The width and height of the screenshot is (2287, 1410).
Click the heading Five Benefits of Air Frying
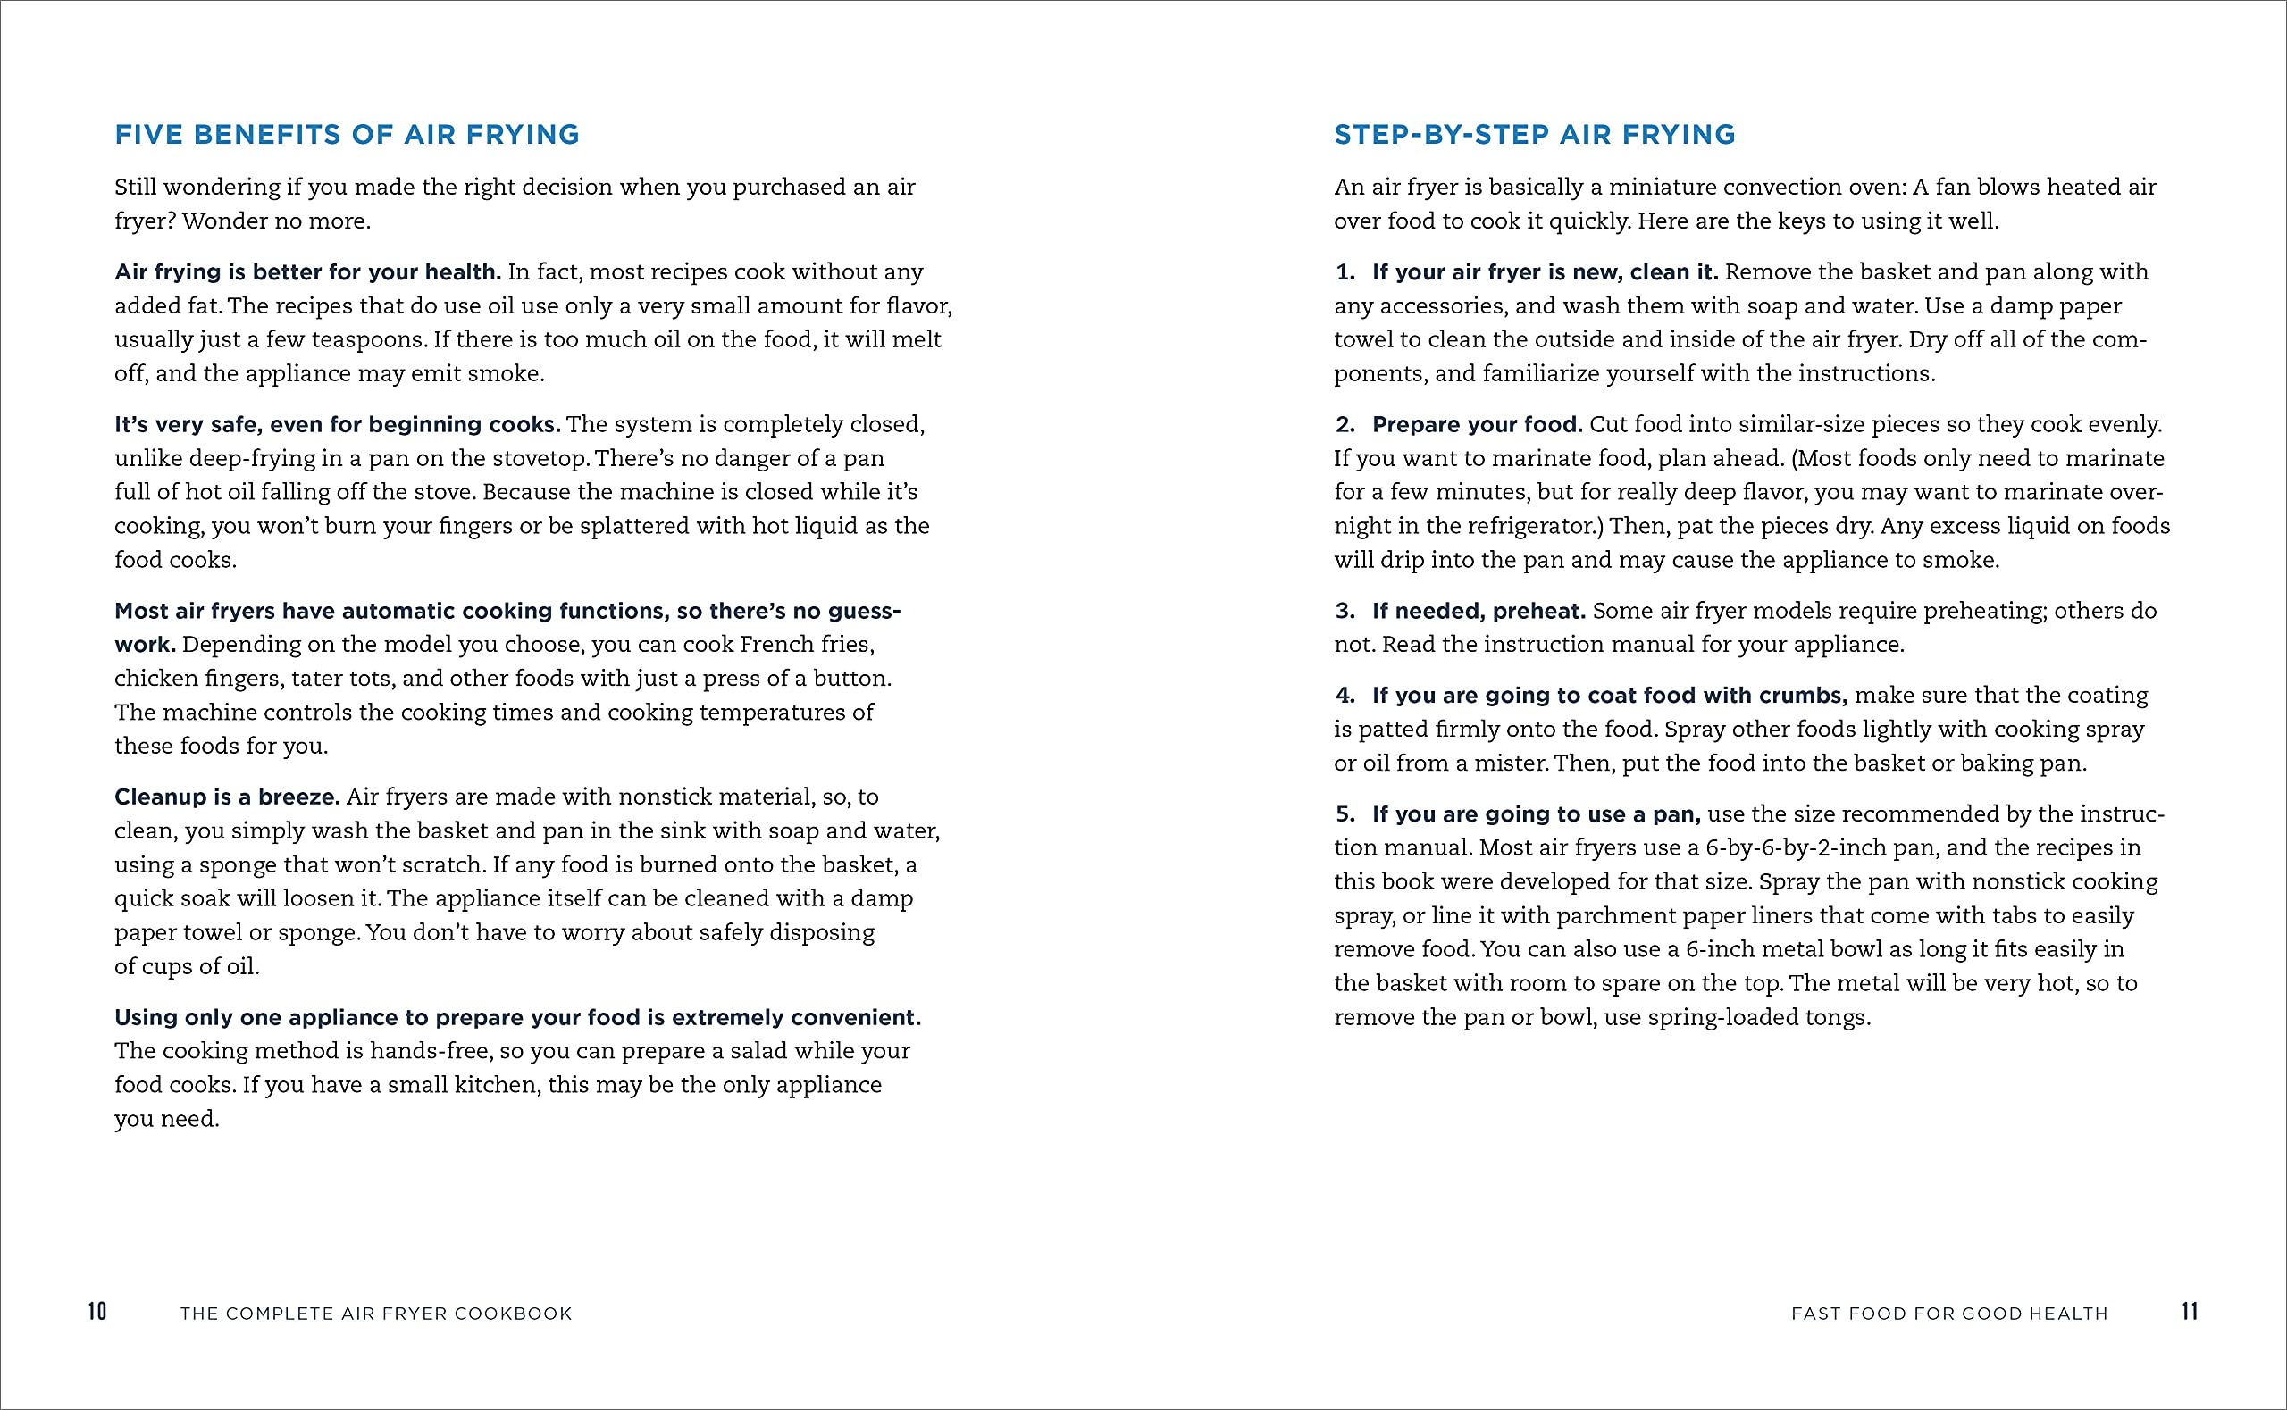point(347,135)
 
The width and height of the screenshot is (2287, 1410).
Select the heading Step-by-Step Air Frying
point(1534,135)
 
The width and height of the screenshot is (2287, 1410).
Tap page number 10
point(97,1311)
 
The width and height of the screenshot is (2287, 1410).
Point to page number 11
point(2189,1311)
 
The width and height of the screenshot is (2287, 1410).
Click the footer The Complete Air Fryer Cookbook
point(376,1313)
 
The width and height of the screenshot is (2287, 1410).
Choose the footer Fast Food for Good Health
point(1949,1313)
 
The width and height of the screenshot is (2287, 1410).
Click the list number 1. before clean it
point(1345,272)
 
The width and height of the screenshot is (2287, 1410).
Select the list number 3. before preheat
point(1345,611)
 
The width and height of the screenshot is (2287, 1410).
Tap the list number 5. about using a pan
point(1345,814)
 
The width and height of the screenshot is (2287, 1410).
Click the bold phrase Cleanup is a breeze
point(227,797)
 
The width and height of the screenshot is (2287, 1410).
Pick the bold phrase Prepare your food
point(1478,424)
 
